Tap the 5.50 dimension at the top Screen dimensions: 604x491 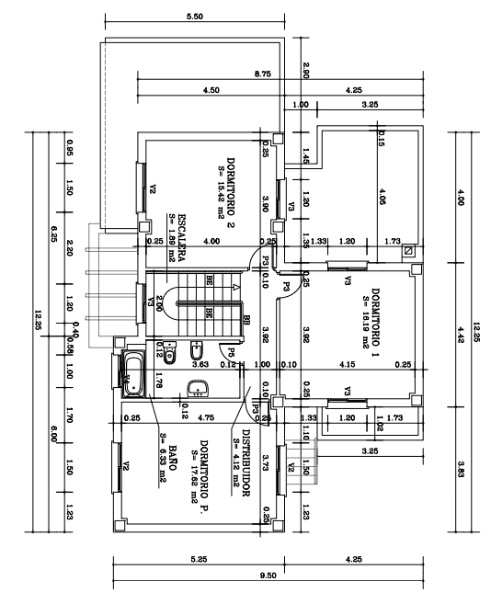[x=195, y=17]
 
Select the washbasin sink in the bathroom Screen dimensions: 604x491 [x=198, y=387]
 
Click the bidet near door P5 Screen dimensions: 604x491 [x=197, y=352]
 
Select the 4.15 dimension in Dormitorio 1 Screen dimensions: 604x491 [x=348, y=365]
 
